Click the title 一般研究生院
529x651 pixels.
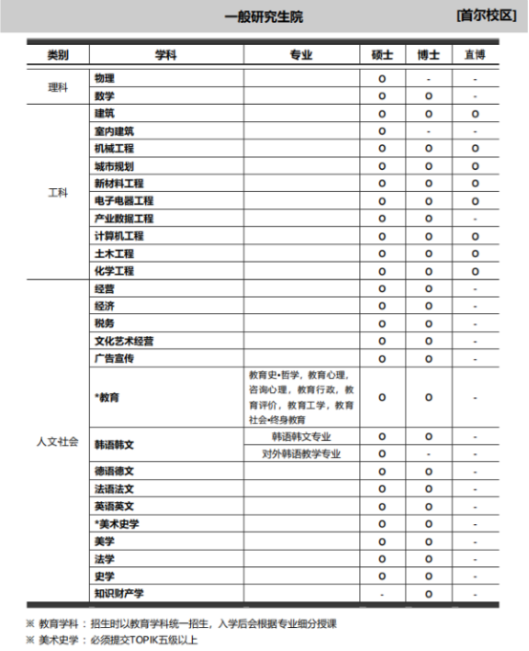pos(264,17)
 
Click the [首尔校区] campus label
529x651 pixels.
pos(487,16)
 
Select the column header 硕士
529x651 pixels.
pos(382,55)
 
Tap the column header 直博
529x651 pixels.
pos(475,55)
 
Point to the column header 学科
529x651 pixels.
pos(166,55)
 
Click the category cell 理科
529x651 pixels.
pos(58,87)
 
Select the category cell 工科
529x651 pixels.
pos(58,192)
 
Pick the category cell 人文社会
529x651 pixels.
pos(58,442)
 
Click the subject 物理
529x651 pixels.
pos(105,77)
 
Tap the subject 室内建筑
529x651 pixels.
pos(115,131)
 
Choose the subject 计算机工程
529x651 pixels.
pos(119,236)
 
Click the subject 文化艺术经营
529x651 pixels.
pos(124,341)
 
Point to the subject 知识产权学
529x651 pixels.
pos(119,594)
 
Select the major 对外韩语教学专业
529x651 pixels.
pos(302,453)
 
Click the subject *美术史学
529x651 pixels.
pos(117,524)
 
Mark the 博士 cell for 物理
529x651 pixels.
pos(429,78)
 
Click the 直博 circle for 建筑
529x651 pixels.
pos(475,114)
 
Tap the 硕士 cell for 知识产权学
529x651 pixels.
pos(382,594)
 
